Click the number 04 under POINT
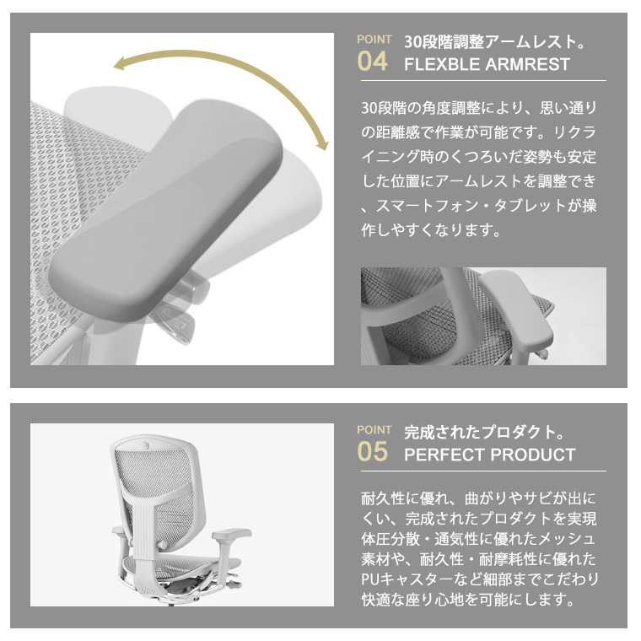point(372,62)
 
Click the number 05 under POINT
point(372,452)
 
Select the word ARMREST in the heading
point(528,64)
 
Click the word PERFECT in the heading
point(444,455)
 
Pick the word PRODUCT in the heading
point(533,455)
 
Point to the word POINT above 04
point(374,40)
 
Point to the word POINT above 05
point(374,430)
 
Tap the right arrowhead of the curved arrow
point(323,144)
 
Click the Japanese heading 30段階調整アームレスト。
point(494,41)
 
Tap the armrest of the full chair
point(231,534)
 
